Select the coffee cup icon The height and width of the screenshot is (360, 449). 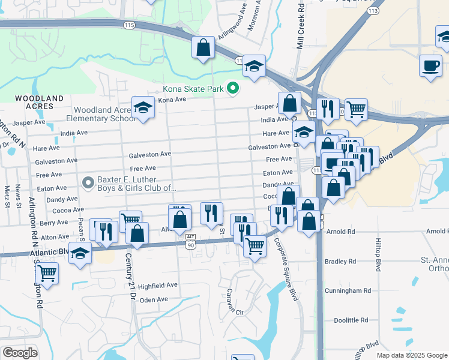click(x=430, y=65)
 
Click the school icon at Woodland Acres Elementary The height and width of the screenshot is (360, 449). click(x=143, y=108)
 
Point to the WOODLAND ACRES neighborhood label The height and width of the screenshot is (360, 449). click(x=40, y=102)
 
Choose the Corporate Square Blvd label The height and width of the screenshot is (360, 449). click(x=286, y=270)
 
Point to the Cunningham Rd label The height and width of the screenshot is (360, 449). click(x=350, y=290)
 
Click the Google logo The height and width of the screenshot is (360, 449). click(x=20, y=353)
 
